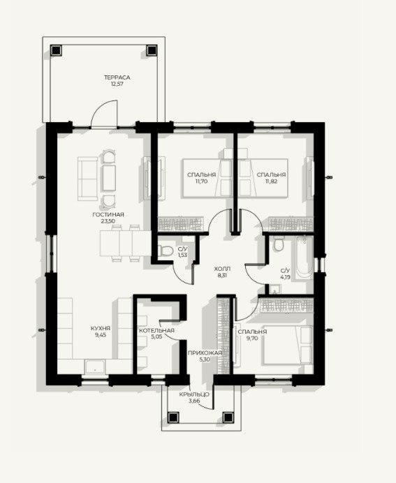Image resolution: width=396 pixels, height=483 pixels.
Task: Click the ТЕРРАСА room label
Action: (x=117, y=77)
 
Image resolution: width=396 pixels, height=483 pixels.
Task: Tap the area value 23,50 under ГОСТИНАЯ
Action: (x=108, y=221)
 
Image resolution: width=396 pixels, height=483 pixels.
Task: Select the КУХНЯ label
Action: (x=101, y=328)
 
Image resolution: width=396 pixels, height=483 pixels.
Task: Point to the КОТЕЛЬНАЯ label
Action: (x=156, y=331)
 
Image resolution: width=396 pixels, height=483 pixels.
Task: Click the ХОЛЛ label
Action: (x=222, y=269)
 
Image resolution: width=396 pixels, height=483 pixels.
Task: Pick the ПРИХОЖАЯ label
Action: (x=205, y=353)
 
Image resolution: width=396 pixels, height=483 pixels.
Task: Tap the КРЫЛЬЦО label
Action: (x=194, y=394)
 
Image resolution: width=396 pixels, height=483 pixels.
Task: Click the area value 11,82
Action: (x=271, y=181)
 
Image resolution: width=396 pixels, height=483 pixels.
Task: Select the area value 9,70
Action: (x=252, y=338)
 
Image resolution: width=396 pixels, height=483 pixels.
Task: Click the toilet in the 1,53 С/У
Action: (x=166, y=251)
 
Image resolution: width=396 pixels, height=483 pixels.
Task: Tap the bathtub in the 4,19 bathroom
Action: (x=305, y=257)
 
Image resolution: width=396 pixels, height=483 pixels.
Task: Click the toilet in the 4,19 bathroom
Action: (x=279, y=244)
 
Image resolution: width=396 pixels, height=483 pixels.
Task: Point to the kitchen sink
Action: (x=95, y=366)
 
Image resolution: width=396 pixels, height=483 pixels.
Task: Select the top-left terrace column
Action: (x=56, y=50)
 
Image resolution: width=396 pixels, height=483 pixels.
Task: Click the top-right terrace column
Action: (x=152, y=50)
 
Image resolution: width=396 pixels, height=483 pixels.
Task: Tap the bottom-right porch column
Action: (x=228, y=417)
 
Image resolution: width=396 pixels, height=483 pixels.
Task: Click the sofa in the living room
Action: (x=87, y=179)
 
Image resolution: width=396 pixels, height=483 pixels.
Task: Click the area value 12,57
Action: (x=117, y=84)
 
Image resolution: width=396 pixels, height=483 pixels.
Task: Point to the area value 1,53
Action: (x=182, y=255)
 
